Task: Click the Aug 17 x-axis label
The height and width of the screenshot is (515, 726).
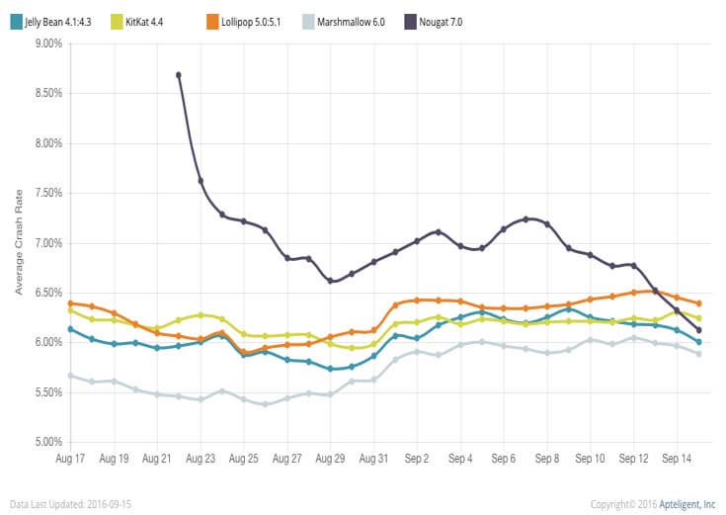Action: point(70,460)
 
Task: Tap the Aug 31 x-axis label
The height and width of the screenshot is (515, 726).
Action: point(373,460)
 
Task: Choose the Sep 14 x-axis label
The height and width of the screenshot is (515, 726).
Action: point(677,460)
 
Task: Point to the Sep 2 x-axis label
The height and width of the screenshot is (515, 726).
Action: point(417,460)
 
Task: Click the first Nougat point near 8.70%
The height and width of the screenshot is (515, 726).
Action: point(179,74)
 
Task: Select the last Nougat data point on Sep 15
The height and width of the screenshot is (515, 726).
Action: point(698,330)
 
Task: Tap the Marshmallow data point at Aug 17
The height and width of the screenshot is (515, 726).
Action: point(70,376)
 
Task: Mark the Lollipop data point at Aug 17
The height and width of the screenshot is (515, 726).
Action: point(70,303)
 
